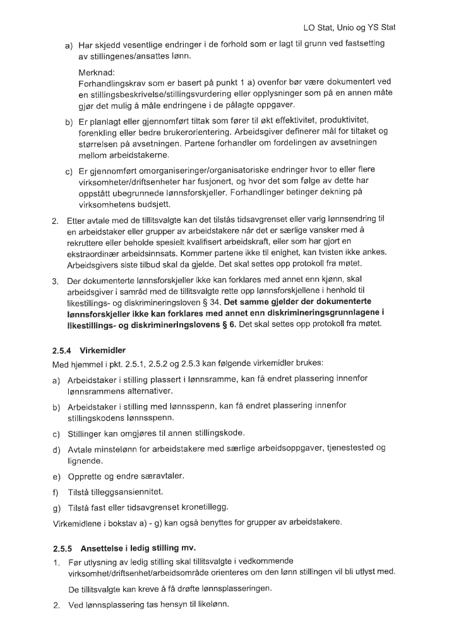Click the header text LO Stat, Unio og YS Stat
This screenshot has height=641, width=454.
pos(349,28)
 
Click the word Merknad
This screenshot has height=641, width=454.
pos(95,73)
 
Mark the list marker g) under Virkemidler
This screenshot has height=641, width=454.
pos(56,507)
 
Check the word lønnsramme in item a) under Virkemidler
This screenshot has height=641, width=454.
pos(206,378)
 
